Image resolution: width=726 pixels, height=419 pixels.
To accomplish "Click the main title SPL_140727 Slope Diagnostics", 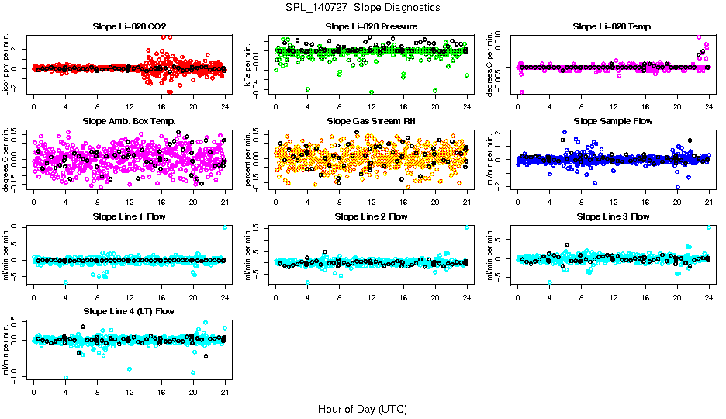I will pos(363,7).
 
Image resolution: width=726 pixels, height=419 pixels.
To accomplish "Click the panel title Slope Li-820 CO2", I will pos(129,26).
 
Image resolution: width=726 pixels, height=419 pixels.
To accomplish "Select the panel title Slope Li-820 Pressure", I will pos(372,26).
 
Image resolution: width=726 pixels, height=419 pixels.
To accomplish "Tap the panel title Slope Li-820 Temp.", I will pos(613,26).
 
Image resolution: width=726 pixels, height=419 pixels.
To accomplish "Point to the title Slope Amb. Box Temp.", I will pos(129,121).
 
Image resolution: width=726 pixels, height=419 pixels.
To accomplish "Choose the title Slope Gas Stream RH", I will pos(372,121).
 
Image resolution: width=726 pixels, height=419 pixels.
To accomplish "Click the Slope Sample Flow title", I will pos(613,121).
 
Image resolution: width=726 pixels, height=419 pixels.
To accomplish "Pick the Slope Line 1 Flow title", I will pos(129,216).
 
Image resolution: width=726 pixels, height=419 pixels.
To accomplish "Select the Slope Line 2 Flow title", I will pos(372,216).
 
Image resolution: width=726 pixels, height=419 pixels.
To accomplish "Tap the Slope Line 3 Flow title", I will pos(613,216).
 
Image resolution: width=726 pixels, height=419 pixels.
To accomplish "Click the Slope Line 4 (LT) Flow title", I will pos(129,311).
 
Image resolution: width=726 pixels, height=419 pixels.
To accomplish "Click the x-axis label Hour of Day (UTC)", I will pos(363,409).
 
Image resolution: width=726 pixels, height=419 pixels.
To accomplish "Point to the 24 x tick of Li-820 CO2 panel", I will pos(225,106).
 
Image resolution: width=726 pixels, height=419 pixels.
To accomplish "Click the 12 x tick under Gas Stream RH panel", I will pos(372,201).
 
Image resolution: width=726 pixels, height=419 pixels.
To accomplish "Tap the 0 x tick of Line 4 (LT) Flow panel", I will pos(34,391).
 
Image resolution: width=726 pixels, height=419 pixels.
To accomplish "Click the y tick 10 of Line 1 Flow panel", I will pos(23,227).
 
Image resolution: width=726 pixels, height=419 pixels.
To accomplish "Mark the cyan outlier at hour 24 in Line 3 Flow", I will pos(709,227).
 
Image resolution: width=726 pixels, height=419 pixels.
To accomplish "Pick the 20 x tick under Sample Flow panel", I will pos(677,201).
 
